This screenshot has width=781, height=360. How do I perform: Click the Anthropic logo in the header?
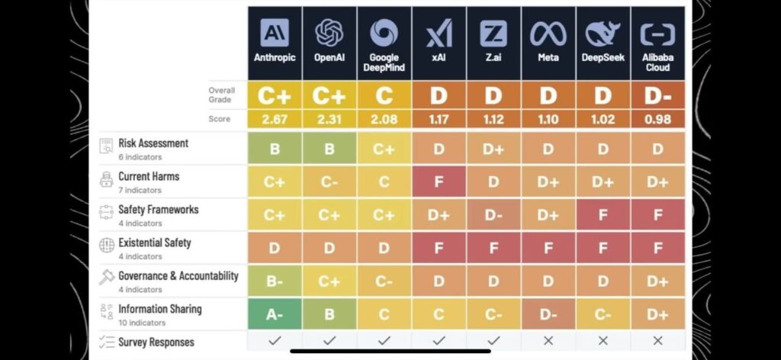[x=275, y=33]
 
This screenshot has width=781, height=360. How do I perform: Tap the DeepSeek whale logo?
[x=603, y=34]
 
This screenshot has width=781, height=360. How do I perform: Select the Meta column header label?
[x=548, y=58]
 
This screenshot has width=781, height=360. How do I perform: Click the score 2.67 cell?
[x=275, y=120]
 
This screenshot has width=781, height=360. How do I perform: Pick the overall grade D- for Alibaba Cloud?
[x=657, y=95]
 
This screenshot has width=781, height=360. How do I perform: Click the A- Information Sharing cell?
[x=275, y=314]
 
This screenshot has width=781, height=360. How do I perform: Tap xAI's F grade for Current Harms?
[x=439, y=182]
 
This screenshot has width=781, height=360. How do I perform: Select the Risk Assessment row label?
[x=153, y=143]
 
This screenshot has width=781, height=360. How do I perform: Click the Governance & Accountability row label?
[x=178, y=276]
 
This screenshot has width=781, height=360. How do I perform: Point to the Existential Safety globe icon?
[x=107, y=245]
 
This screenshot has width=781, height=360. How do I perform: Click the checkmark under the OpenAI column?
[x=329, y=341]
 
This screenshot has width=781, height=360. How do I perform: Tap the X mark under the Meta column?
[x=548, y=341]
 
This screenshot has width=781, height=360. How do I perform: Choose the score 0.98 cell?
[x=657, y=120]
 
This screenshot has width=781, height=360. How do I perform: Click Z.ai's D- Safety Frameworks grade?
[x=493, y=214]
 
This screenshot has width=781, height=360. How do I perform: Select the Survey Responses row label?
[x=156, y=342]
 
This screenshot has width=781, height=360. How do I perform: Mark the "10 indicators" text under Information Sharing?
[x=142, y=323]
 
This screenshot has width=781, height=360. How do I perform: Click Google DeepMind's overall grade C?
[x=384, y=95]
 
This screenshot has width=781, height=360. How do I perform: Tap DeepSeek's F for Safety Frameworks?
[x=603, y=214]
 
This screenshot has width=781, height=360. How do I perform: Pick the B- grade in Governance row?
[x=275, y=281]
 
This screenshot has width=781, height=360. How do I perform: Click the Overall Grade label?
[x=222, y=95]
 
